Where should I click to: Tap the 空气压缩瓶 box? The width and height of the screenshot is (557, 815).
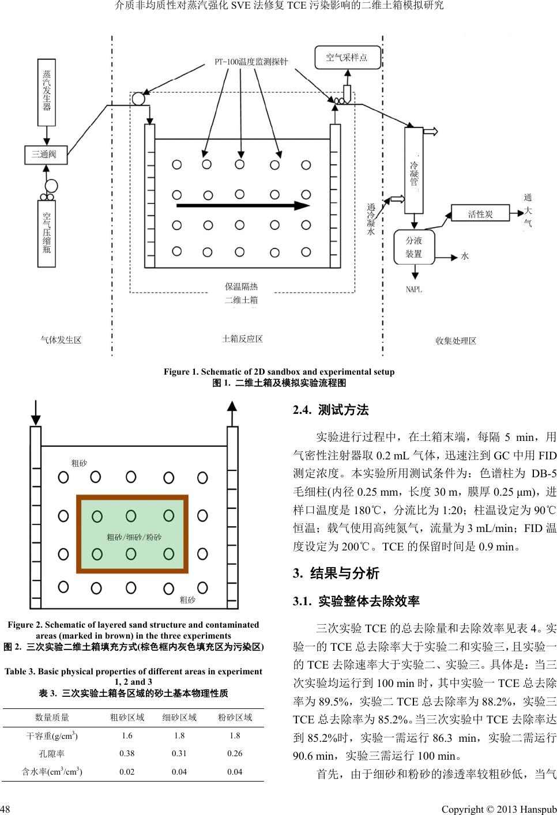(47, 233)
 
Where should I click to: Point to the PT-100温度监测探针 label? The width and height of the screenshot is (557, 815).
(251, 62)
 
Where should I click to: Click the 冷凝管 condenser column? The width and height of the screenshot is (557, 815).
(413, 170)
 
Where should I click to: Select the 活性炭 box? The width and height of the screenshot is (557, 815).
(480, 214)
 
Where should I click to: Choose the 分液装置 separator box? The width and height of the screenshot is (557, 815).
(413, 247)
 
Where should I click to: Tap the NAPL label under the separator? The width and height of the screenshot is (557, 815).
(414, 289)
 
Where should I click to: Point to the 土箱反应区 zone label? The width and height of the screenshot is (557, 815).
(242, 339)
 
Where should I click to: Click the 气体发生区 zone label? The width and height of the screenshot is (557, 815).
(61, 340)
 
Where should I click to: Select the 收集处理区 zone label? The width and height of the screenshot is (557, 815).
(456, 341)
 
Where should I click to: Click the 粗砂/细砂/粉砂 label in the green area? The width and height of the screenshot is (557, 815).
(134, 537)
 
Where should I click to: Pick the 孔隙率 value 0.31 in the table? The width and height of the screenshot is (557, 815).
(180, 753)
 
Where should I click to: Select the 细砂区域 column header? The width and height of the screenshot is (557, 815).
(180, 718)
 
